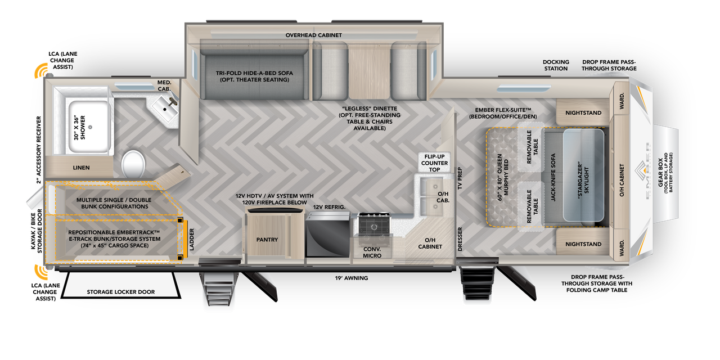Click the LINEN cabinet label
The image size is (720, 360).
point(81,168)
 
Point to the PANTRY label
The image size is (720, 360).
point(267,240)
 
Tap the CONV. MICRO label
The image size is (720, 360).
point(372,252)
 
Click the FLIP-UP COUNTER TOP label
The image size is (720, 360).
point(434,163)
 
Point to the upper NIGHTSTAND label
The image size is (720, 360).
point(583,113)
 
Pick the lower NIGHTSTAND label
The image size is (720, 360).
point(583,244)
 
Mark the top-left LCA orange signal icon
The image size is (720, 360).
point(42,71)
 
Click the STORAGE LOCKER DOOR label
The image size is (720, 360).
point(120,292)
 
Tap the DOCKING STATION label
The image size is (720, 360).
point(556,65)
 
